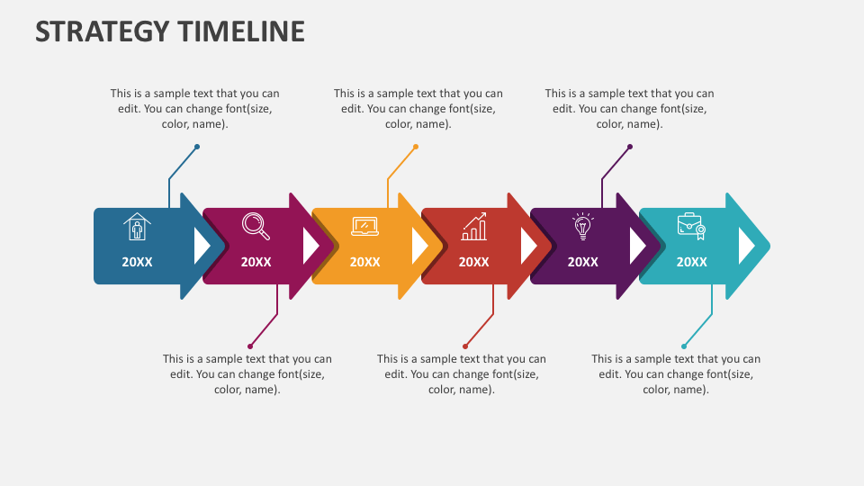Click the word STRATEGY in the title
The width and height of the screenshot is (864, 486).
click(x=102, y=31)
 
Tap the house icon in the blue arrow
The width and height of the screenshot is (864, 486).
click(x=137, y=227)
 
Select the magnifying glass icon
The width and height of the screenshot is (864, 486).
click(x=256, y=226)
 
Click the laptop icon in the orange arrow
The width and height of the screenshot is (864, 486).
click(x=364, y=227)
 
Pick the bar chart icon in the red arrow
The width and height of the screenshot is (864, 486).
click(x=474, y=227)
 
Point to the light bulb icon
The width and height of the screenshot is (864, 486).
click(x=582, y=227)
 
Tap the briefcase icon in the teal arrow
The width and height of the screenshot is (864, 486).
click(x=691, y=227)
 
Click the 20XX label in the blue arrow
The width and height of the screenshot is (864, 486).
click(x=137, y=262)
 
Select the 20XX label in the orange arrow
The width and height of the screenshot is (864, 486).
click(x=364, y=262)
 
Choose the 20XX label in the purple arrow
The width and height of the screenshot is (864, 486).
click(x=583, y=262)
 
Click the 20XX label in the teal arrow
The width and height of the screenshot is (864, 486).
click(x=691, y=262)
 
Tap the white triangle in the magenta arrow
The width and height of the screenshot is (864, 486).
click(x=309, y=246)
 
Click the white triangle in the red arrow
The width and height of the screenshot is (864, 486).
click(x=527, y=246)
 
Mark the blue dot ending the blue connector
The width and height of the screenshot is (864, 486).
click(x=197, y=147)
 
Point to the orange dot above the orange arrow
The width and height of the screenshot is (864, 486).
click(x=416, y=147)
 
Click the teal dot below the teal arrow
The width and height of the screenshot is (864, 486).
click(x=684, y=346)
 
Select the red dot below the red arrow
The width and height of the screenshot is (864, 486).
click(x=465, y=346)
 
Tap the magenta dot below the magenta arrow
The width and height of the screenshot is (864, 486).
click(x=250, y=346)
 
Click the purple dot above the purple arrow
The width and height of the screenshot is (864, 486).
click(x=630, y=147)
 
